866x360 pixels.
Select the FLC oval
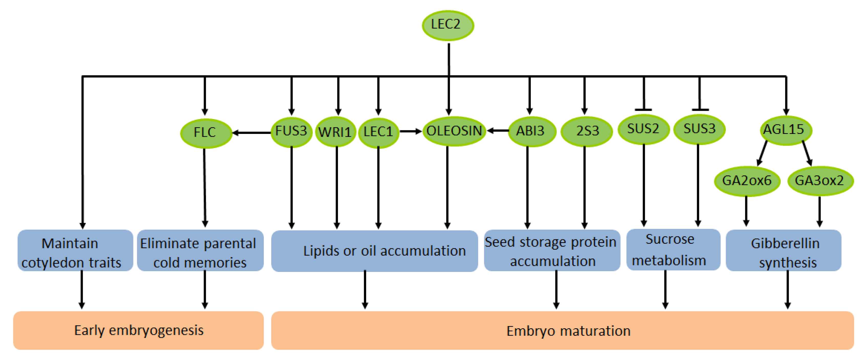coord(206,133)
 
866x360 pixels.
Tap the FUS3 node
coord(291,131)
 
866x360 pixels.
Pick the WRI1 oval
coord(335,132)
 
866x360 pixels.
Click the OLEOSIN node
coord(454,131)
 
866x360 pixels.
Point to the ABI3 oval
coord(531,131)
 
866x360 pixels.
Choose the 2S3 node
coord(587,131)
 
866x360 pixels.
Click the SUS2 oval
coord(643,129)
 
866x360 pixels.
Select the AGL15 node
coord(785,130)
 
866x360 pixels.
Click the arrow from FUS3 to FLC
coord(251,133)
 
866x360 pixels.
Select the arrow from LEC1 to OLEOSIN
coord(410,131)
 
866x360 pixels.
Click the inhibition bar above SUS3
coord(700,110)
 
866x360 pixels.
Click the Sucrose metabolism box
coord(673,249)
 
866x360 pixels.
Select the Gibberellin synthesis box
coord(783,250)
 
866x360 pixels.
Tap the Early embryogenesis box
coord(138,330)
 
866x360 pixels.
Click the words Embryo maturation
coord(568,331)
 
